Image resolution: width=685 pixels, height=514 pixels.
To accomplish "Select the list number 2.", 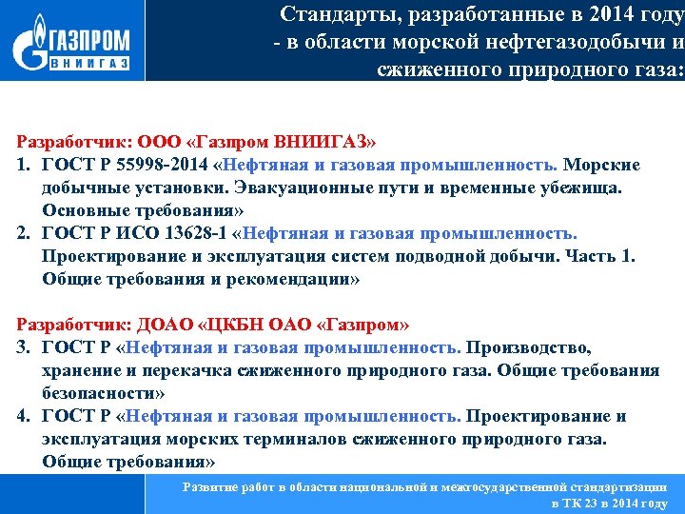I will coord(21,234).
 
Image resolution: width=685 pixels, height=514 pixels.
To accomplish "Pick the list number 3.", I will coord(21,348).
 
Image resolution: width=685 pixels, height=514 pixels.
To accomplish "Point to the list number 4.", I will coord(21,416).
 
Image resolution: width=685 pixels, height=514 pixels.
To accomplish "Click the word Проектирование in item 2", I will coord(106,257).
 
